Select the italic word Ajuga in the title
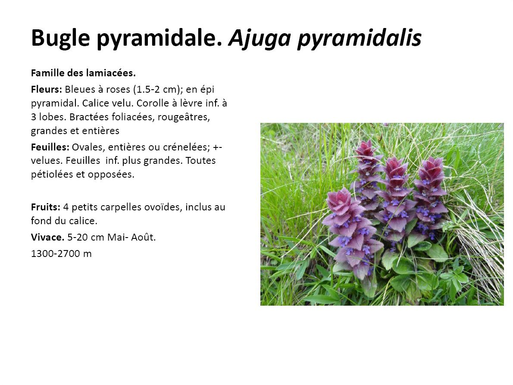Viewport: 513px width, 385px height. [x=260, y=38]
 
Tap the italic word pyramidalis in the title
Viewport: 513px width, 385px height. [x=359, y=38]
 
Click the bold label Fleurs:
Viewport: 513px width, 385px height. [x=47, y=89]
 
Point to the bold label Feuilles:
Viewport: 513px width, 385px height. [x=50, y=147]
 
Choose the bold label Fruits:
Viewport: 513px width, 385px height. [x=45, y=207]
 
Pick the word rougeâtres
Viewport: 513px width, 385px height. [x=184, y=117]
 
